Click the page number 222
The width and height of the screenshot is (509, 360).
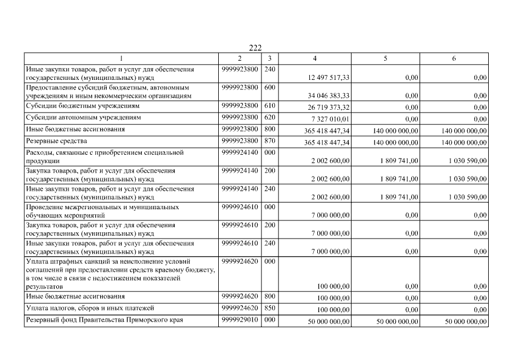(255, 48)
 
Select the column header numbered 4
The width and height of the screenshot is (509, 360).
(315, 58)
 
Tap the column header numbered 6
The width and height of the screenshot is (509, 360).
(454, 58)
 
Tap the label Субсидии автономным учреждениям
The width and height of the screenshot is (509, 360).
(75, 118)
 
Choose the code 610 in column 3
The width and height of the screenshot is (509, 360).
(269, 106)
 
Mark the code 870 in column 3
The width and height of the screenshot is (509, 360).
(269, 141)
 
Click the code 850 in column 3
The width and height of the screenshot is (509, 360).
(269, 308)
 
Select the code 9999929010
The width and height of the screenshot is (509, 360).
(240, 319)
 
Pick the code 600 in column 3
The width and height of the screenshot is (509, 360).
(269, 88)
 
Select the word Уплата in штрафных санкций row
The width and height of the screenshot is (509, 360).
(37, 262)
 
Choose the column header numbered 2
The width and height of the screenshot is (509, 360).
(240, 58)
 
